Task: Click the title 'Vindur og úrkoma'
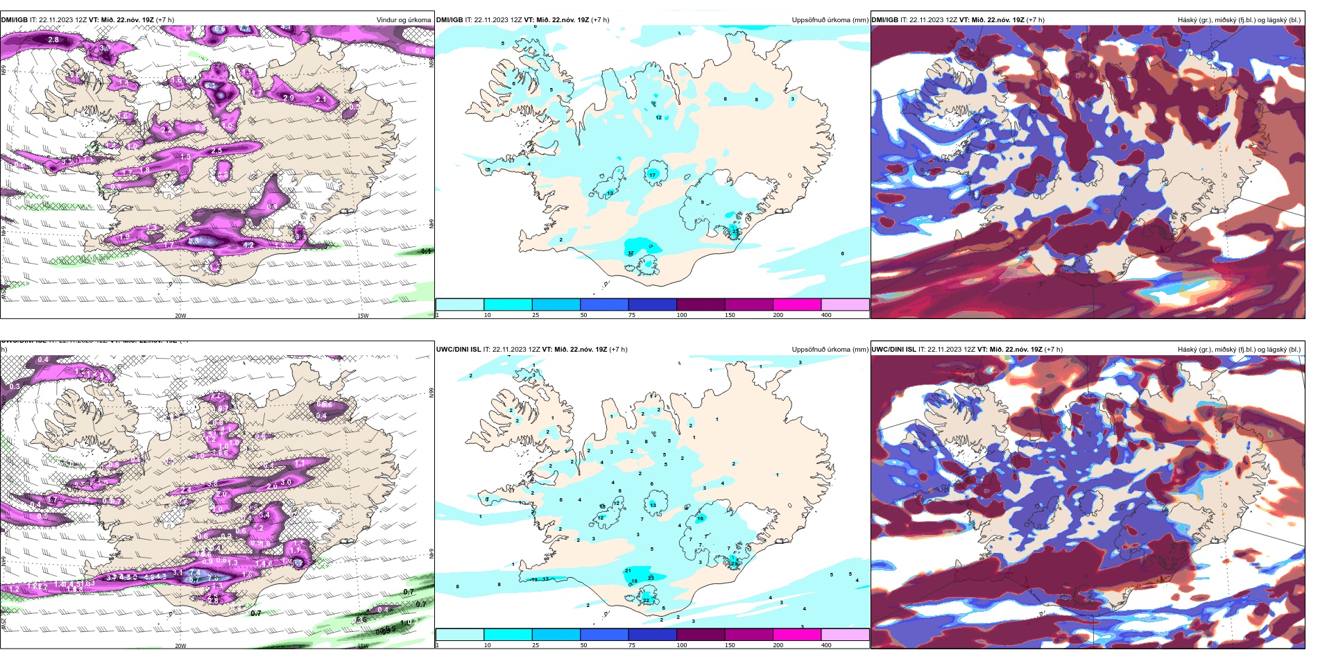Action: coord(403,20)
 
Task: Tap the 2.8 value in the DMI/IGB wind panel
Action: coord(53,40)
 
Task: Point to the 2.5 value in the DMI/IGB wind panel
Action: coord(216,151)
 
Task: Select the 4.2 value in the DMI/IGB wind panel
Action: coord(249,244)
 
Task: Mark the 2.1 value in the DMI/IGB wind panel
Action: coord(321,100)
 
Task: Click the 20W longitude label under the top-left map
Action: coord(180,316)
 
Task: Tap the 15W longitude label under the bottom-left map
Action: coord(362,646)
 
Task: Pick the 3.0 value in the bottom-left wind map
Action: coord(286,483)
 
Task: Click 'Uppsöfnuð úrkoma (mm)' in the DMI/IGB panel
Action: coord(830,20)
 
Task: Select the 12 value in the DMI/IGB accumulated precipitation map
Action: coord(658,118)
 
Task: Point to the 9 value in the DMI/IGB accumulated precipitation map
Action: coord(702,203)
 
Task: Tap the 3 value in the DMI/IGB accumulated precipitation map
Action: coord(792,99)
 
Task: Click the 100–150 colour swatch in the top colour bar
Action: coord(700,305)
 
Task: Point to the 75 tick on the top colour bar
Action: coord(632,315)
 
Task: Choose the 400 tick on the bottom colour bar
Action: coord(826,645)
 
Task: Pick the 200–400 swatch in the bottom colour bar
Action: coord(844,635)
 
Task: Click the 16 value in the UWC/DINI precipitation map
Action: coord(700,518)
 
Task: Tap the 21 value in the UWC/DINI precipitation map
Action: coord(628,571)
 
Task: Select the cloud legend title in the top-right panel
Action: coord(1238,20)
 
